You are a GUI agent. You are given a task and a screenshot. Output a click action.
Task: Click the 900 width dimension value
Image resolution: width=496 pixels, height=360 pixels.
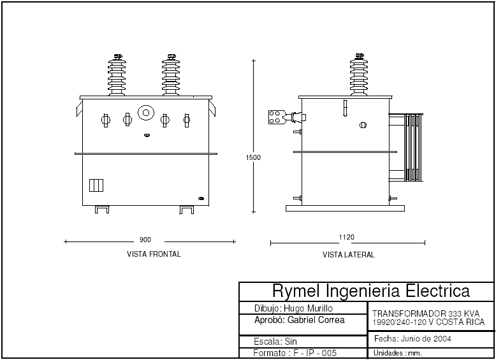[145, 240]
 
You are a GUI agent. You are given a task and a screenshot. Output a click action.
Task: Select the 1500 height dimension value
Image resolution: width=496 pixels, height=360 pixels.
[254, 157]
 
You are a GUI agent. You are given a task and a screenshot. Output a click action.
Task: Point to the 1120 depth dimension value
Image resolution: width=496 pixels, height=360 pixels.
[347, 237]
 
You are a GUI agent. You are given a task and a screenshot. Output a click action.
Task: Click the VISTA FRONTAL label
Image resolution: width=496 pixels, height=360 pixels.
[154, 254]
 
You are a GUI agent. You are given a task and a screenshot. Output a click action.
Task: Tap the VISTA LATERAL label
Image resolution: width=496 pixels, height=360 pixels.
[348, 255]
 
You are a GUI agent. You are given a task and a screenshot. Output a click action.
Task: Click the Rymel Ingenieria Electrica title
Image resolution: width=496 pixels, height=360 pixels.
[371, 291]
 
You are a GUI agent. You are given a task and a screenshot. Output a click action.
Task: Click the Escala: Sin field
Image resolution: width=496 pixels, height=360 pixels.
[275, 342]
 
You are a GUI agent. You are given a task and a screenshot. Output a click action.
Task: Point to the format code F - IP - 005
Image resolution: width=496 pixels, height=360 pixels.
[313, 353]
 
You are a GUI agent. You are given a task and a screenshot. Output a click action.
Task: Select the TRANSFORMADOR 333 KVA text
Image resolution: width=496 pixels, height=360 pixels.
[426, 313]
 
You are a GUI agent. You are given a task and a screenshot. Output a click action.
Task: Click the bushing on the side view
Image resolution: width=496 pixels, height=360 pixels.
[359, 75]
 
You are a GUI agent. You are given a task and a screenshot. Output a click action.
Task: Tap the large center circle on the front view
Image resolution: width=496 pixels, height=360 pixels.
[146, 113]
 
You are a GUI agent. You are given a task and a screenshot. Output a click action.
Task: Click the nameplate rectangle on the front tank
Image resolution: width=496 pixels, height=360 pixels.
[96, 185]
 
